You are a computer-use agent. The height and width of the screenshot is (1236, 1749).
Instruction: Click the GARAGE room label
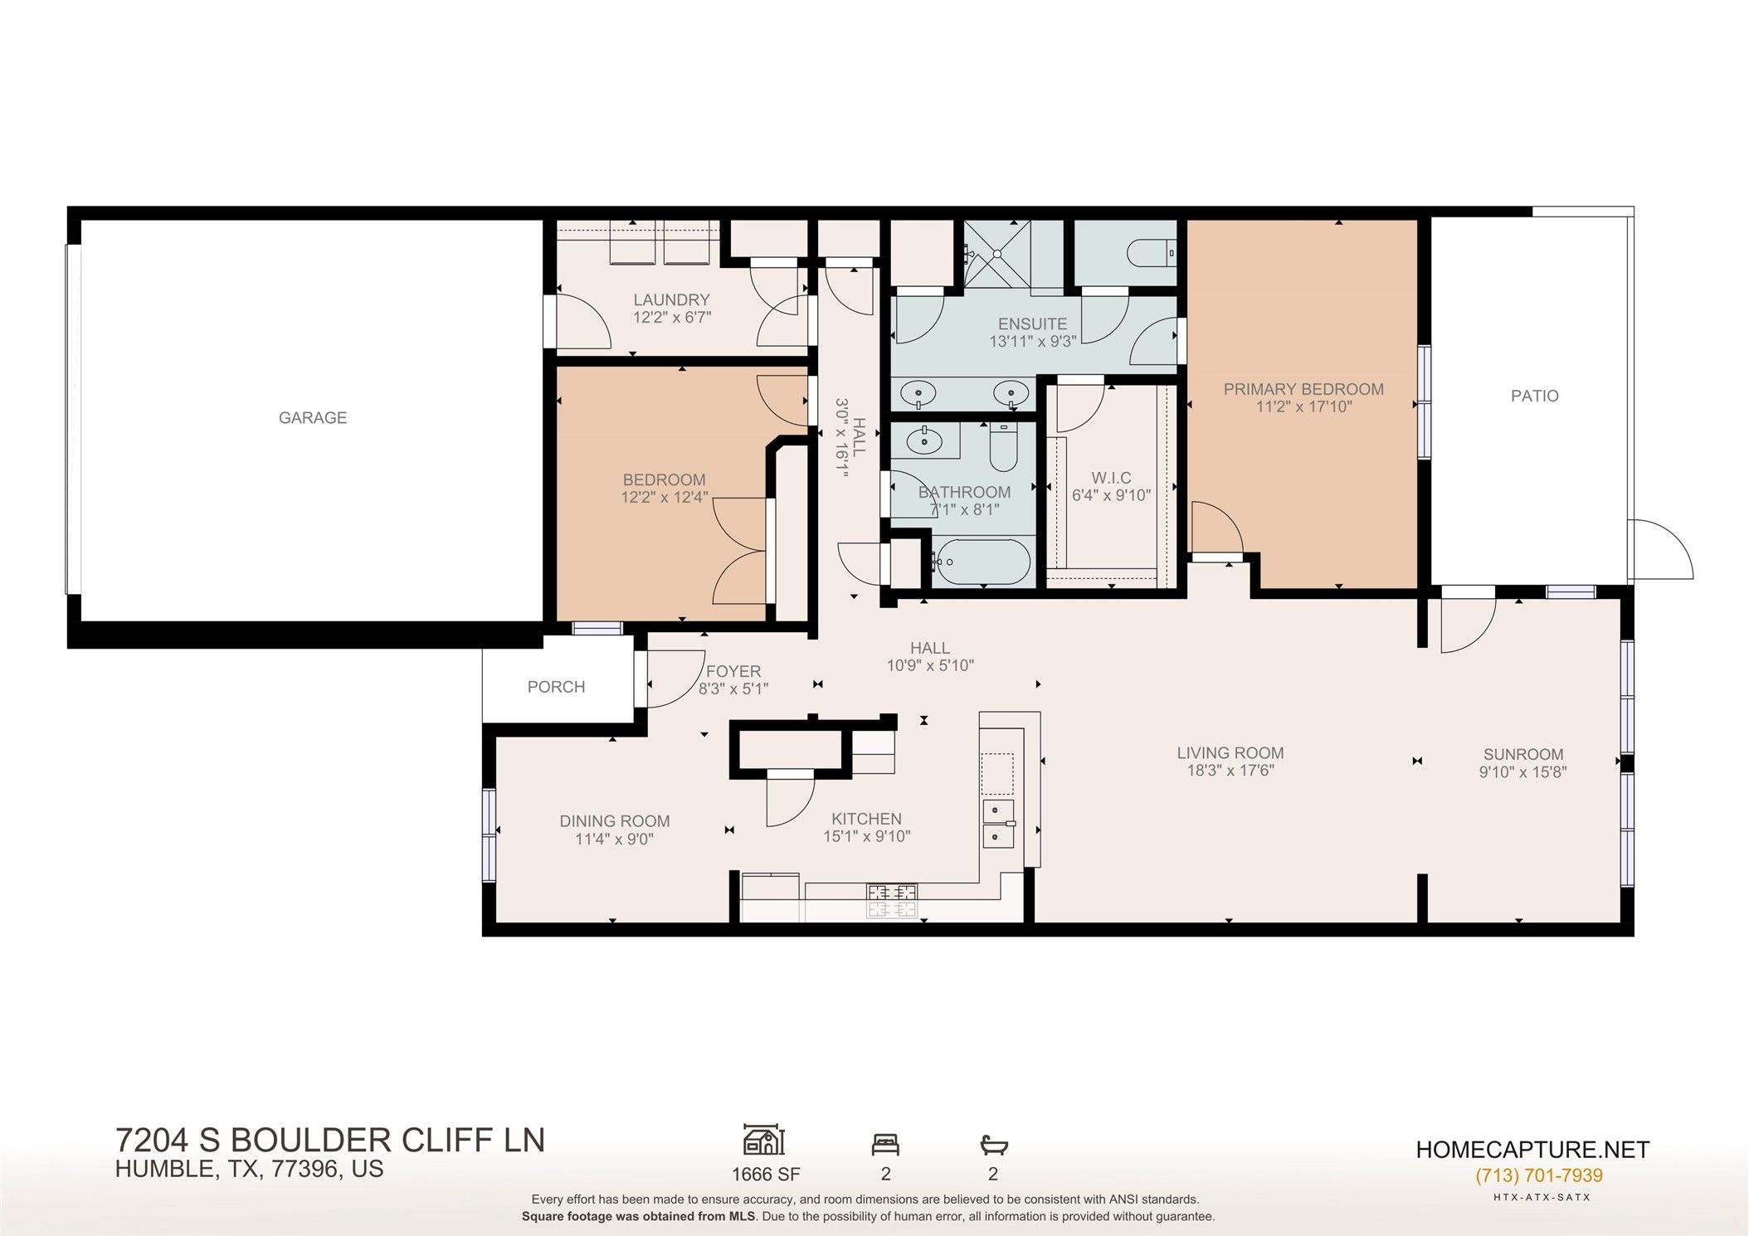pos(313,418)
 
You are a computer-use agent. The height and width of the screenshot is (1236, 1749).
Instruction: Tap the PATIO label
pos(1534,397)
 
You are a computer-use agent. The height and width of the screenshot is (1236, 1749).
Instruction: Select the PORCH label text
pos(556,687)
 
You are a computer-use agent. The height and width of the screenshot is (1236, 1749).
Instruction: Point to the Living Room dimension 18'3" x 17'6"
pos(1230,771)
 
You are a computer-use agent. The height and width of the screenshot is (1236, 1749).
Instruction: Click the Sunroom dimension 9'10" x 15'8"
pos(1523,772)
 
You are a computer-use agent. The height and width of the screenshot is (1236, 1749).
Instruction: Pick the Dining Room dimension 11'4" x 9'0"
pos(614,839)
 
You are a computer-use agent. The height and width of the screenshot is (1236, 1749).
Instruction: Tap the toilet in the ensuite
pos(1158,250)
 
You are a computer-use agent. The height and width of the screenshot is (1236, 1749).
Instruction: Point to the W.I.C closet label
pos(1111,479)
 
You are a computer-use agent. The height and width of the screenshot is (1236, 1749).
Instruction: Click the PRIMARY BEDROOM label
pos(1303,389)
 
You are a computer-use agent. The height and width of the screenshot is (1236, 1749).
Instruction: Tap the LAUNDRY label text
pos(671,300)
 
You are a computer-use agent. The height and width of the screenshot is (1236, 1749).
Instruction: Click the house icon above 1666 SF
pos(764,1141)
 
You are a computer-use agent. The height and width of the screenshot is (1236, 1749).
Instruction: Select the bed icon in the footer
pos(885,1146)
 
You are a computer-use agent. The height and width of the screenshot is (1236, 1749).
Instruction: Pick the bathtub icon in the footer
pos(993,1146)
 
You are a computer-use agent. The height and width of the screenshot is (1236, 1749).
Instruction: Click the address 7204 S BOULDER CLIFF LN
pos(330,1141)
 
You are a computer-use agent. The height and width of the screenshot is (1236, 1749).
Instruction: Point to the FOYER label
pos(733,672)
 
